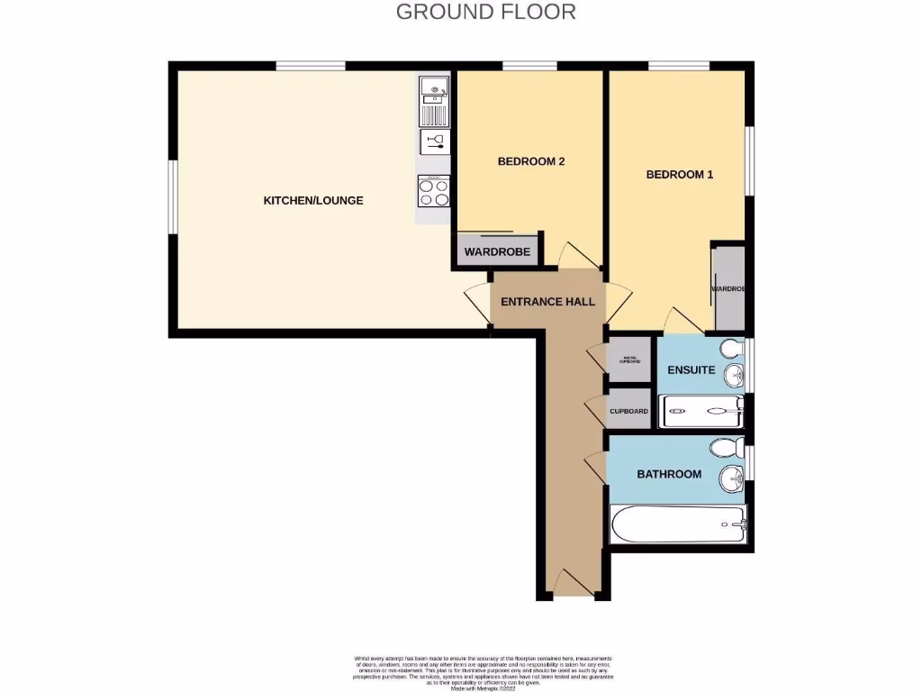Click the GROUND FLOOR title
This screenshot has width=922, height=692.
[485, 12]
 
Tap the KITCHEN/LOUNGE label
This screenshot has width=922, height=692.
[312, 200]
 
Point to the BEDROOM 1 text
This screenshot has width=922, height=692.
[679, 175]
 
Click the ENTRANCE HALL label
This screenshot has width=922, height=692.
[547, 302]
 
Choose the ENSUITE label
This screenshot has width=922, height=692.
[691, 370]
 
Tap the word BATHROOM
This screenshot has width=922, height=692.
[669, 474]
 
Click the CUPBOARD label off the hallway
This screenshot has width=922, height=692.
[628, 411]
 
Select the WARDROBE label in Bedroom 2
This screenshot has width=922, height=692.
[497, 252]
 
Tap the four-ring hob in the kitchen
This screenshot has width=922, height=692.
[434, 191]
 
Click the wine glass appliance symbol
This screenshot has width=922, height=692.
[434, 141]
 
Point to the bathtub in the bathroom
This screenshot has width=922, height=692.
[678, 524]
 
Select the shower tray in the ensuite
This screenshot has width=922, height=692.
[702, 411]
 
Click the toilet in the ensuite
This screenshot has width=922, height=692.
[731, 349]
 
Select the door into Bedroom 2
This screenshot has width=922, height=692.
[573, 254]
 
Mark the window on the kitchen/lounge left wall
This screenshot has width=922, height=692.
[173, 197]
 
